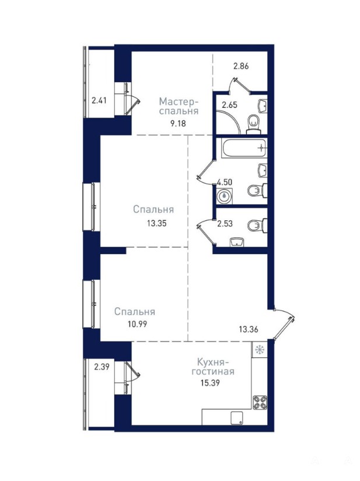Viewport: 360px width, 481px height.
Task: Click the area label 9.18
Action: (x=179, y=124)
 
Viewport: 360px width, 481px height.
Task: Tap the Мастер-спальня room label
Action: (x=179, y=106)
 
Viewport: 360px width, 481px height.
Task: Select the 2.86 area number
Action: (x=241, y=66)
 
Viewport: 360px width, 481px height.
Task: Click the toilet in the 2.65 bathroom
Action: (x=253, y=125)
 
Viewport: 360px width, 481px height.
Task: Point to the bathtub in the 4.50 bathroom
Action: (x=244, y=149)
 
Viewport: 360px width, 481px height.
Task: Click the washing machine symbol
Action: (x=225, y=196)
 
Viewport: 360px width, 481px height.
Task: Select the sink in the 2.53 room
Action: (x=237, y=242)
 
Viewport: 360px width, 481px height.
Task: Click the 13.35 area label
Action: (x=156, y=223)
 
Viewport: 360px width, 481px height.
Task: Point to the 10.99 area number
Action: (x=137, y=324)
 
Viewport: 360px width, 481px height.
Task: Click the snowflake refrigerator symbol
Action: (x=260, y=349)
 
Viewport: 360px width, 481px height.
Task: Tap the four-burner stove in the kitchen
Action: (x=260, y=403)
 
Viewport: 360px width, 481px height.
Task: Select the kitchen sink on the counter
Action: (x=237, y=418)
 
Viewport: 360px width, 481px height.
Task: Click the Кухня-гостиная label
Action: (x=213, y=367)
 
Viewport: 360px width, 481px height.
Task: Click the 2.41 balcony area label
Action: (x=99, y=100)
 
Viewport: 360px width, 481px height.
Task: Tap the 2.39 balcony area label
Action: (x=102, y=367)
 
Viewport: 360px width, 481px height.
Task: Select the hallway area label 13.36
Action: (x=249, y=329)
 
